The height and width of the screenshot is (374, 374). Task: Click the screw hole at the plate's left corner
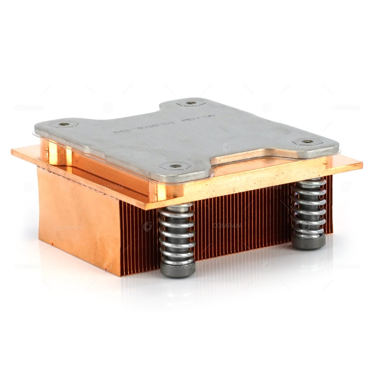(64, 124)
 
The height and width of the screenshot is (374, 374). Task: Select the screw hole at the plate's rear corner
(191, 103)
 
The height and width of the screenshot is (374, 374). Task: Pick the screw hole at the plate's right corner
(307, 142)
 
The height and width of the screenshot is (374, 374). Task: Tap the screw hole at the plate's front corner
(175, 166)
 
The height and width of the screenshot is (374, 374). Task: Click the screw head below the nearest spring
(178, 269)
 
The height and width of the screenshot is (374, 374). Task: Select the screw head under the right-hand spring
(309, 242)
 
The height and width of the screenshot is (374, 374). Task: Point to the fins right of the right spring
(329, 206)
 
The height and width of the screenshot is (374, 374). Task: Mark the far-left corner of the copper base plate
(12, 151)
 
